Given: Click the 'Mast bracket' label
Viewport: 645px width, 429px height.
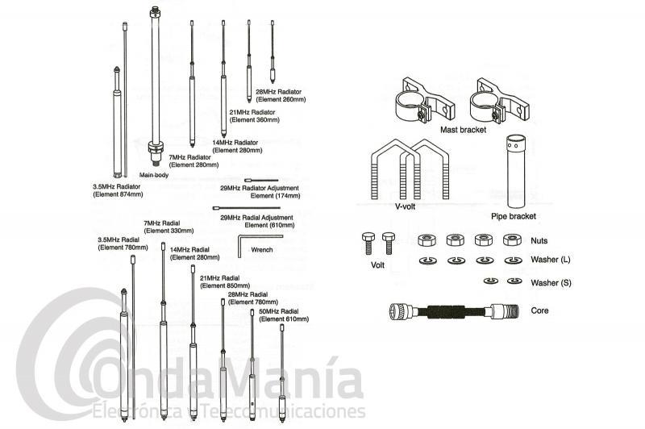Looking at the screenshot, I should point(463,129).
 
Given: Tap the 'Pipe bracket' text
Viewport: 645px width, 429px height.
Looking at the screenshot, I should point(514,216).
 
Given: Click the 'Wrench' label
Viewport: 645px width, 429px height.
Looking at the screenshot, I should point(264,250).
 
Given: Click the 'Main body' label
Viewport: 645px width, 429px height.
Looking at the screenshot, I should point(152,174).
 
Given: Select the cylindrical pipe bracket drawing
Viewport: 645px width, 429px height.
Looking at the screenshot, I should point(514,173).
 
